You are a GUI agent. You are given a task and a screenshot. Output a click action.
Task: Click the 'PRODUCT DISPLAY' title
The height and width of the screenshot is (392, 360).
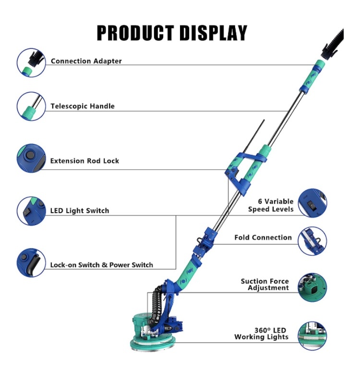pyautogui.click(x=172, y=33)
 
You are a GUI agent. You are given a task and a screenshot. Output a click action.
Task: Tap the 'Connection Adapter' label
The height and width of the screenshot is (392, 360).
pyautogui.click(x=86, y=61)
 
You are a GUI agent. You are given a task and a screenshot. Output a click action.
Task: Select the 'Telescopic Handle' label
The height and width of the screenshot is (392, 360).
pyautogui.click(x=83, y=106)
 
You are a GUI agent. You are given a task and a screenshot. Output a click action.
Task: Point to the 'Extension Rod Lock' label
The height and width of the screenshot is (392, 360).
pyautogui.click(x=84, y=161)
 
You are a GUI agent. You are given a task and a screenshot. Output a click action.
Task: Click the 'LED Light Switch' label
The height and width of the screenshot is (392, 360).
pyautogui.click(x=80, y=211)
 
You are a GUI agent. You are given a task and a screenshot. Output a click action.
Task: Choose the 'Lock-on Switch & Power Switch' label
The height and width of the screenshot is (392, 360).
pyautogui.click(x=102, y=265)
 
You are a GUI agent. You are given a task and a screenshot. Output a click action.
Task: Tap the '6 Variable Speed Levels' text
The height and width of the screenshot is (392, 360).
pyautogui.click(x=271, y=205)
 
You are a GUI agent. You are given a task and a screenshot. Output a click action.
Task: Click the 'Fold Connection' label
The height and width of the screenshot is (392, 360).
pyautogui.click(x=263, y=237)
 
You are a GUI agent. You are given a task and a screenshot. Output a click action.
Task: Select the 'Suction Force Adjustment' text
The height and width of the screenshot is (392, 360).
pyautogui.click(x=265, y=285)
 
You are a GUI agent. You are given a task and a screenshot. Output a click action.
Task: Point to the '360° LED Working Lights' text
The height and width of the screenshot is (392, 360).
pyautogui.click(x=262, y=333)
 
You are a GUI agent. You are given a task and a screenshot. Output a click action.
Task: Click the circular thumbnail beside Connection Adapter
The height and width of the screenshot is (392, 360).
pyautogui.click(x=31, y=63)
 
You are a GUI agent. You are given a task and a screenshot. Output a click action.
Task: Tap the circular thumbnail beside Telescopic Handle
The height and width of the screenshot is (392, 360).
pyautogui.click(x=31, y=106)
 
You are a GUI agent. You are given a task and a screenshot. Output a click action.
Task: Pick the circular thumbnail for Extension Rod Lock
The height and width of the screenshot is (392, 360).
pyautogui.click(x=31, y=158)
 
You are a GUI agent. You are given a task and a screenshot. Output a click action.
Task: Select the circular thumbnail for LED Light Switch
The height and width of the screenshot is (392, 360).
pyautogui.click(x=31, y=211)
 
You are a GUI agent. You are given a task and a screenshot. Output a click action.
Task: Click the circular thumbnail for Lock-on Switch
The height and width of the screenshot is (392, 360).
pyautogui.click(x=31, y=262)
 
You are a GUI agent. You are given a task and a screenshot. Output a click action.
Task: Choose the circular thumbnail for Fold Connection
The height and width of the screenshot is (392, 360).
pyautogui.click(x=312, y=241)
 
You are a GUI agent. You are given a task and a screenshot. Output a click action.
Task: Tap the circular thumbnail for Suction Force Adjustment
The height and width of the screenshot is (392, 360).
pyautogui.click(x=312, y=287)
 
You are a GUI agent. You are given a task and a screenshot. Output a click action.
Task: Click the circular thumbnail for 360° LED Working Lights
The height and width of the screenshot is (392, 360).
pyautogui.click(x=312, y=336)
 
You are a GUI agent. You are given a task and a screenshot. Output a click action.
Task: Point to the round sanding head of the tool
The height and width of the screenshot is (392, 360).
pyautogui.click(x=153, y=343)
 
